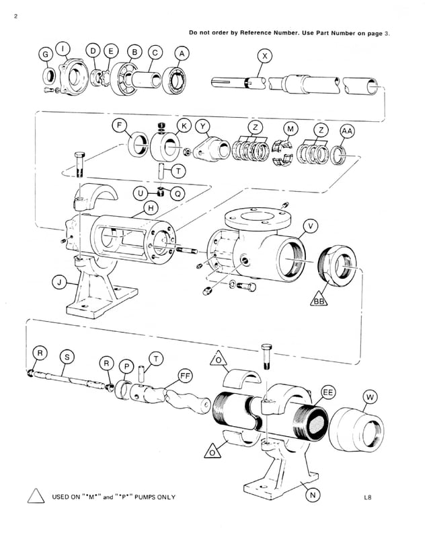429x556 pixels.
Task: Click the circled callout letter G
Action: (x=46, y=53)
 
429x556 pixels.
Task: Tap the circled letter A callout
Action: (x=182, y=53)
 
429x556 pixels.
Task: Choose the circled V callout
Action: (x=310, y=225)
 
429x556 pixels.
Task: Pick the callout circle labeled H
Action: (x=152, y=209)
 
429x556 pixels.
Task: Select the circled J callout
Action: (x=60, y=283)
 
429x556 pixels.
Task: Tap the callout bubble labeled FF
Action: (x=184, y=375)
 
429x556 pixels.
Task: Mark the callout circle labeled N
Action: (x=313, y=495)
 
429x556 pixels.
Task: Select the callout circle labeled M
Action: (x=290, y=129)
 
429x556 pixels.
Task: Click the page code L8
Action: (x=368, y=498)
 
